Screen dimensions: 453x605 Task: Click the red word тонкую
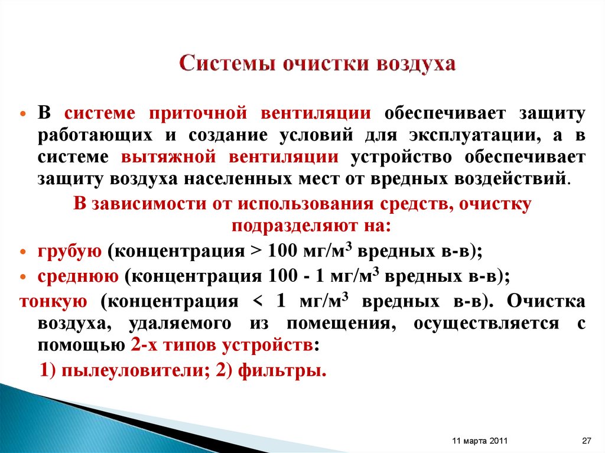[54, 301]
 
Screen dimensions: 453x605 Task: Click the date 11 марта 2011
[479, 441]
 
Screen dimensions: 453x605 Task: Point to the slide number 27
[587, 441]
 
